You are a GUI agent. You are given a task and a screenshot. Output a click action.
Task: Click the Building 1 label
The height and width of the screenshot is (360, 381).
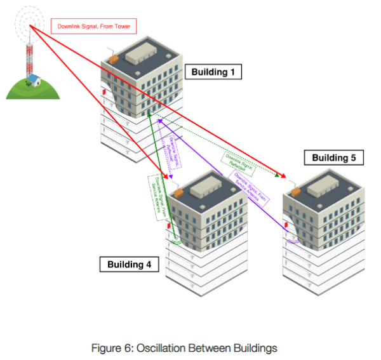click(213, 72)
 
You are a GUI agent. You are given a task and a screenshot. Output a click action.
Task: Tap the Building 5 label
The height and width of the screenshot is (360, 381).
click(334, 157)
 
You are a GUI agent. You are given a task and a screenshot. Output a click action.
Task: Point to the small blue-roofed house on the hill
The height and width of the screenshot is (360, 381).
click(34, 80)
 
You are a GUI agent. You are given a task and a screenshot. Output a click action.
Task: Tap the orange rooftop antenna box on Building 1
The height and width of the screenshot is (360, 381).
click(114, 58)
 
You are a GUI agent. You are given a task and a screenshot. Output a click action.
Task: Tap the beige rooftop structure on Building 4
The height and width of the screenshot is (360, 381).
click(209, 185)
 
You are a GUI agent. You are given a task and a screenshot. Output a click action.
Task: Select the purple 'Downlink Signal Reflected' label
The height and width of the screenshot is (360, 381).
click(171, 151)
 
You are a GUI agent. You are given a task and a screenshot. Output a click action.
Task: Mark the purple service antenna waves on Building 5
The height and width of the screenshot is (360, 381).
click(293, 241)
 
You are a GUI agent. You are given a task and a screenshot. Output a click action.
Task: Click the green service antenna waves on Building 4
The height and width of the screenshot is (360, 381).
click(177, 241)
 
